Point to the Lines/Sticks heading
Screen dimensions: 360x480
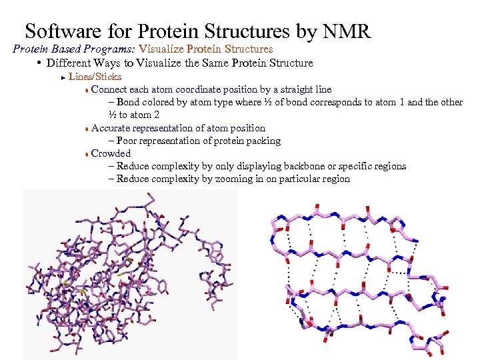pyautogui.click(x=95, y=77)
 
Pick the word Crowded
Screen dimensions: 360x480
pyautogui.click(x=111, y=153)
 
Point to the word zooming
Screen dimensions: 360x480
pyautogui.click(x=234, y=179)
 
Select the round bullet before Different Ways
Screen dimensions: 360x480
pyautogui.click(x=40, y=63)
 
